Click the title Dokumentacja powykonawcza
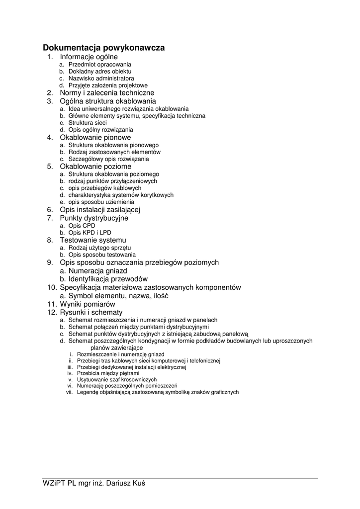(103, 48)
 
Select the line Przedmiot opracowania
(99, 65)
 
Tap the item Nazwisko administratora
(101, 79)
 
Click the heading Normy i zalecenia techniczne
(107, 93)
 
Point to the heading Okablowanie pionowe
(95, 137)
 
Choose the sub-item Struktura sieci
(87, 123)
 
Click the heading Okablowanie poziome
(95, 167)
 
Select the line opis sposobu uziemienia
(101, 202)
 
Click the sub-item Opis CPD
(82, 226)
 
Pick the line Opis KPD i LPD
(90, 233)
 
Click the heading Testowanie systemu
(93, 240)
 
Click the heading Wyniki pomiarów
(88, 304)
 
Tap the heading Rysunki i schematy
(91, 312)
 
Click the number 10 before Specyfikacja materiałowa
(52, 287)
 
